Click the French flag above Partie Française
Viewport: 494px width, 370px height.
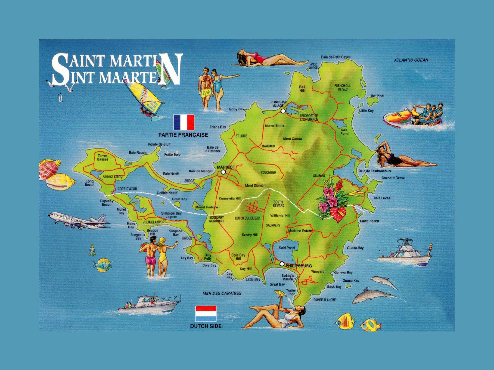(x=184, y=122)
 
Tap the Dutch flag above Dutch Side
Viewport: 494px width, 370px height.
(x=206, y=314)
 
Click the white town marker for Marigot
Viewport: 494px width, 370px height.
(x=223, y=172)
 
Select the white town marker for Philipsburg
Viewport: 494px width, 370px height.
(x=282, y=264)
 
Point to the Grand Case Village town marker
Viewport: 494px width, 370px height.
(x=283, y=111)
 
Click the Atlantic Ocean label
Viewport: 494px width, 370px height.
(x=411, y=60)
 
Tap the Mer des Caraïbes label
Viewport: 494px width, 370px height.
(x=222, y=293)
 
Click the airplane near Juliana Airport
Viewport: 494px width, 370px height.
(x=79, y=220)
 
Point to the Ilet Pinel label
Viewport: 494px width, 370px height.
(x=378, y=96)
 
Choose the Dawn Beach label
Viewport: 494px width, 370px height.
(x=369, y=221)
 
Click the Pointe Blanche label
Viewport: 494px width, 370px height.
(x=324, y=300)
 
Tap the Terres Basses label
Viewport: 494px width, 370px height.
(x=103, y=158)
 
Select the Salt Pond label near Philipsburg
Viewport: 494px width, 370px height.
(x=287, y=248)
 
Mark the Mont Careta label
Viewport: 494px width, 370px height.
(x=292, y=139)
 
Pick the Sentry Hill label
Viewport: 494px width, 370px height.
(x=249, y=235)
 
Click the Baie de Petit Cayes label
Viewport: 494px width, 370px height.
(x=336, y=57)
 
